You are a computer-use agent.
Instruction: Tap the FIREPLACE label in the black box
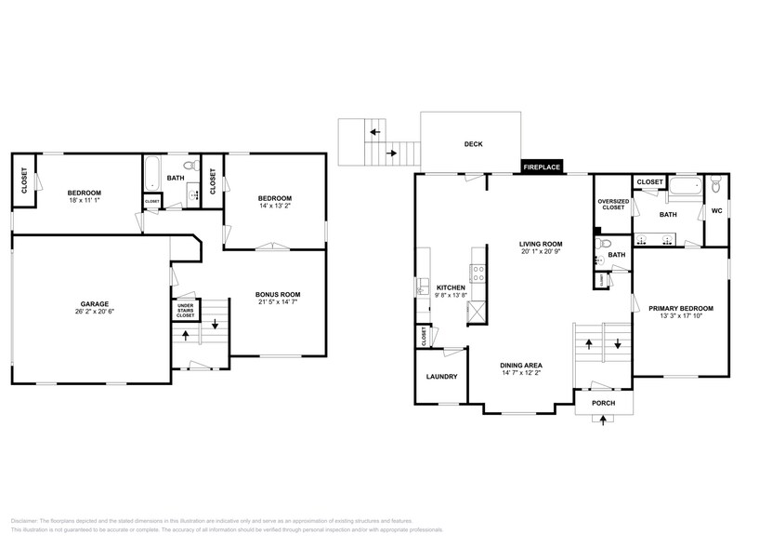[541, 167]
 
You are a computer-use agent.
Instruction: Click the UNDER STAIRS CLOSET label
[185, 311]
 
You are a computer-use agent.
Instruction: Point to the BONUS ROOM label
[278, 295]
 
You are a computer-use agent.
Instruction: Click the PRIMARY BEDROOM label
[680, 308]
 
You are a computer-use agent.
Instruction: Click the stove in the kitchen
[478, 273]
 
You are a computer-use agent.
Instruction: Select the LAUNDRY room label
[441, 377]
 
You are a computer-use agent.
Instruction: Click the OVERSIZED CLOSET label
[612, 205]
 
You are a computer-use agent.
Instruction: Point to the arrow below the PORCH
[603, 420]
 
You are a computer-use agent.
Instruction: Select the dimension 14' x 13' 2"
[275, 207]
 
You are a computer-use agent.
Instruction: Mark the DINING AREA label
[521, 365]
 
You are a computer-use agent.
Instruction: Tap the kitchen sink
[421, 287]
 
